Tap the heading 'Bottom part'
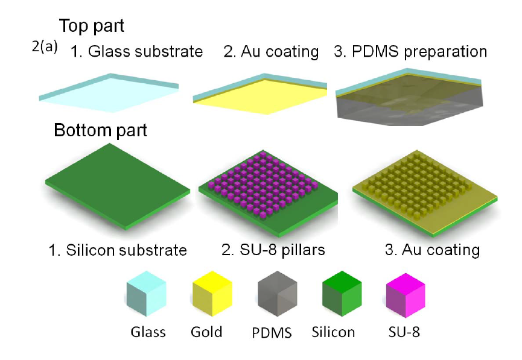point(100,130)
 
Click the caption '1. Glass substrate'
point(136,51)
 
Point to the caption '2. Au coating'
point(271,52)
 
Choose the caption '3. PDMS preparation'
point(410,51)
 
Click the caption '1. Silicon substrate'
point(118,250)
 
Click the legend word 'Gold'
point(206,332)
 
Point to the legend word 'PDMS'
point(272,333)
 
